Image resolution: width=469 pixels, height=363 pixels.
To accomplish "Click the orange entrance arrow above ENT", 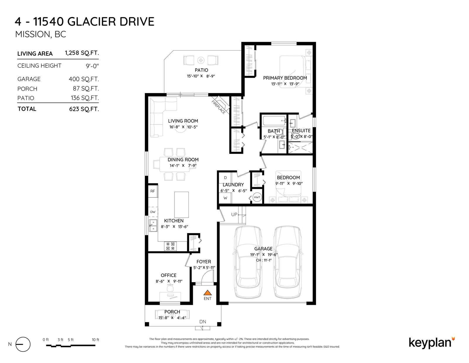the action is point(208,293).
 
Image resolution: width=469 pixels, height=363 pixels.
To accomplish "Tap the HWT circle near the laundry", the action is point(257,197).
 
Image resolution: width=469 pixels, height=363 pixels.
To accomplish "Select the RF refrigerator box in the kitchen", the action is point(153,191).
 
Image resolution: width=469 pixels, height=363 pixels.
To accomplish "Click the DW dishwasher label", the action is point(153,212).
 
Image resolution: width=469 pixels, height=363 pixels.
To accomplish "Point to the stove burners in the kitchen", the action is point(170,246).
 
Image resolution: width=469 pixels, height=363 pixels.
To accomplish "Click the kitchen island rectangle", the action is point(181,205).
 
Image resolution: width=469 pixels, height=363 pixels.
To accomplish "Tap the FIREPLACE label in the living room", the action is point(218,107).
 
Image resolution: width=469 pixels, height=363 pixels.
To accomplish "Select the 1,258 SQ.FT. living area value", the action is point(82,53).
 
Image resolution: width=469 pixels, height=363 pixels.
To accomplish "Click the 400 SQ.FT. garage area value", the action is point(84,79).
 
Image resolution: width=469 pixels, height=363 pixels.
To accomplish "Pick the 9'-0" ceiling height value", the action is point(92,66).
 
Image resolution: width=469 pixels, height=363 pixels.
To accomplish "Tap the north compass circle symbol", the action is point(23,344).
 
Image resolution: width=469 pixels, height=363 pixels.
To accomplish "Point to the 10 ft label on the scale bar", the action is point(95,340).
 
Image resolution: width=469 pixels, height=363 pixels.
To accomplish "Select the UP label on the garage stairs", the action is point(234,215).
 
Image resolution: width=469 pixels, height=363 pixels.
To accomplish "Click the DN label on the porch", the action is point(203,322).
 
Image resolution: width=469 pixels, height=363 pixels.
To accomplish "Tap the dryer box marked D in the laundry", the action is point(225,178).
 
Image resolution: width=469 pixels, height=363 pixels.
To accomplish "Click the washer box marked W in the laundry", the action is point(225,198).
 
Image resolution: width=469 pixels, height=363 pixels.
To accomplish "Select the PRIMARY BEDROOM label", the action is point(285,78).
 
